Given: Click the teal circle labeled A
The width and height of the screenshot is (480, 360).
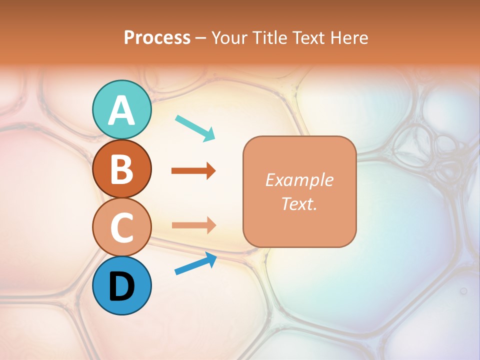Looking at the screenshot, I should click(x=121, y=110).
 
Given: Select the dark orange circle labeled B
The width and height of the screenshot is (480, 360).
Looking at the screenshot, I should click(x=121, y=168).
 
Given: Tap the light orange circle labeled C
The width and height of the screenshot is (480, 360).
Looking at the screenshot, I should click(x=121, y=227).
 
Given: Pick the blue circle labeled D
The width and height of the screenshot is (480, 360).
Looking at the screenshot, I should click(x=121, y=285).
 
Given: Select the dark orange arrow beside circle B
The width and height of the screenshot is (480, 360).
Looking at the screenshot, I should click(x=193, y=171).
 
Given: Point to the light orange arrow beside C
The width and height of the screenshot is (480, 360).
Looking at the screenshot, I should click(x=193, y=225).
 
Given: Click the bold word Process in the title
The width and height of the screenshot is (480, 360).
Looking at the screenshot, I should click(x=157, y=38).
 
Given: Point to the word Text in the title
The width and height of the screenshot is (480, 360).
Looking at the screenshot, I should click(x=310, y=38).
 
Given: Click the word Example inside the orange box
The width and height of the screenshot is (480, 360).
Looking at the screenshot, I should click(x=299, y=180).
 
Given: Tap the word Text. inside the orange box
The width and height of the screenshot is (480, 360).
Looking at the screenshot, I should click(x=299, y=204).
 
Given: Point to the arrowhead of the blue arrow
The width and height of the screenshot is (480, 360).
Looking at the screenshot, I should click(x=211, y=258).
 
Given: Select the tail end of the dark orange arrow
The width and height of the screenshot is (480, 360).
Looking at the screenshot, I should click(x=174, y=171).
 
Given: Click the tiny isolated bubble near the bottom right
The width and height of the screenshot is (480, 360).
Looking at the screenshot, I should click(x=463, y=290).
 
